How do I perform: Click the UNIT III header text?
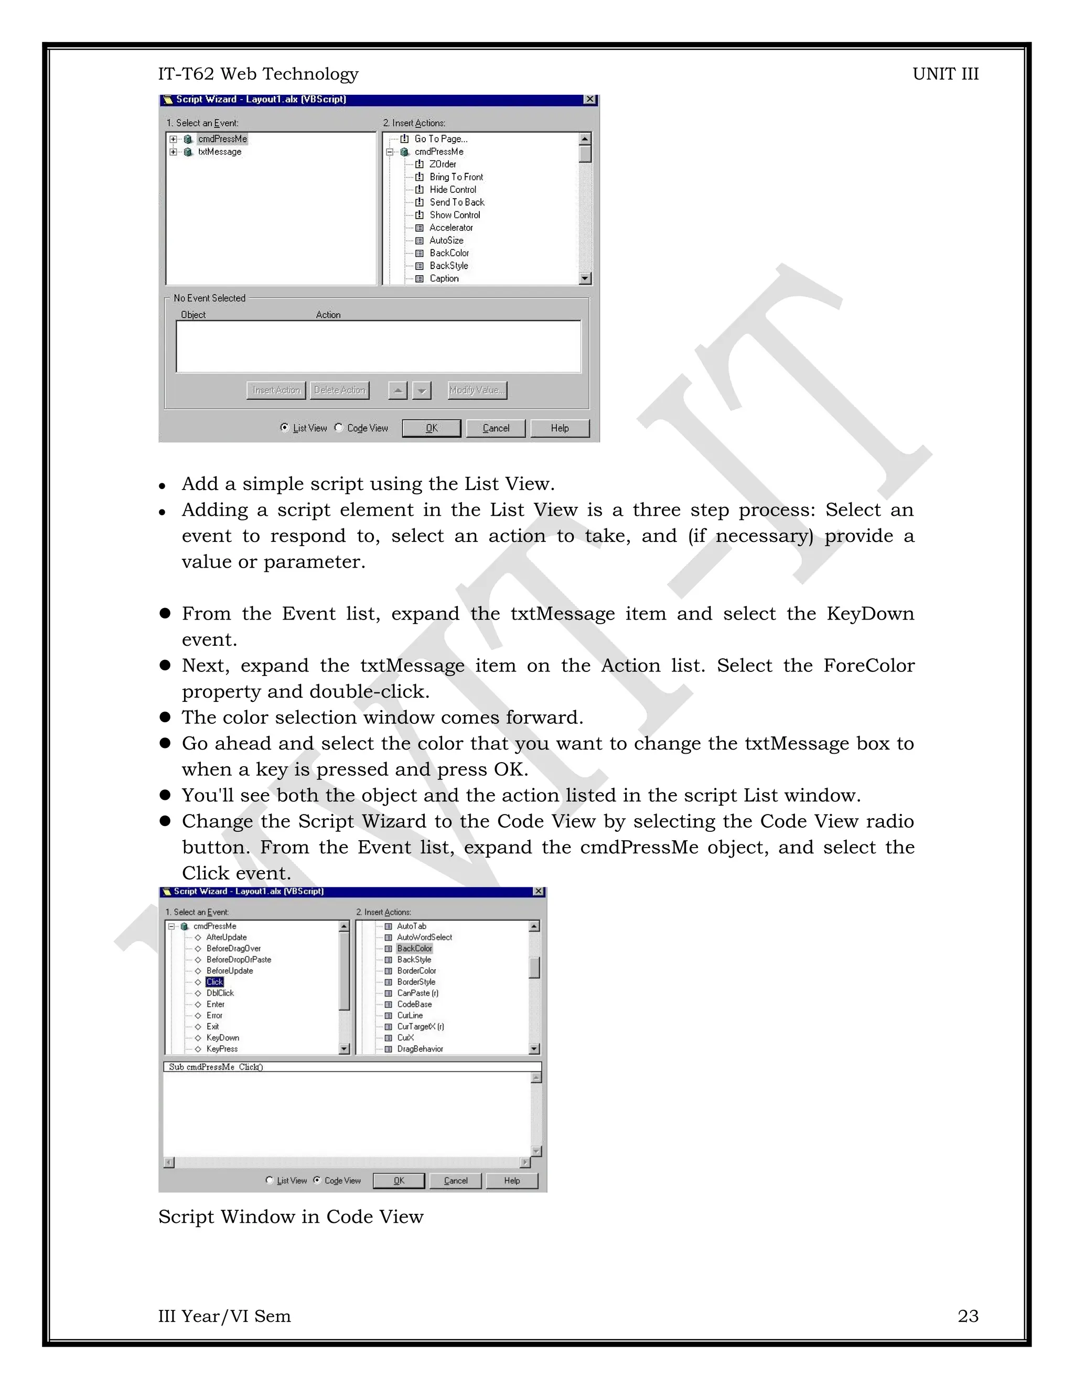click(945, 74)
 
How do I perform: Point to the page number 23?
click(967, 1316)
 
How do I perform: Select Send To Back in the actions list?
click(456, 202)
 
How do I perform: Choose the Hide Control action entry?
click(453, 190)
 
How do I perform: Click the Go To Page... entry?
click(441, 139)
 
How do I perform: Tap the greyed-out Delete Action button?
click(340, 390)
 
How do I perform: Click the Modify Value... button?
click(477, 390)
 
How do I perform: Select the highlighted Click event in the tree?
click(214, 982)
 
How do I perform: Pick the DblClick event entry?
click(220, 993)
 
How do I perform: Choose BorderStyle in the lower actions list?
click(416, 982)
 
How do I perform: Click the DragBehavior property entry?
click(420, 1049)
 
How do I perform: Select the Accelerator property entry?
click(451, 227)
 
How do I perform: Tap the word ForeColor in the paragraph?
click(868, 666)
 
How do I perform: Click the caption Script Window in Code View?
click(291, 1217)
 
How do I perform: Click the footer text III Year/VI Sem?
click(224, 1316)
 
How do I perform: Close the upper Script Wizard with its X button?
click(590, 99)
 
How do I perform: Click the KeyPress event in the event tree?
click(222, 1049)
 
